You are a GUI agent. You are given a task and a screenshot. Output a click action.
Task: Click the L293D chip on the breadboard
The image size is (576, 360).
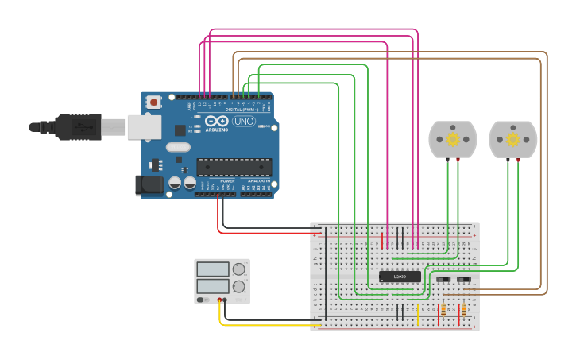(x=400, y=277)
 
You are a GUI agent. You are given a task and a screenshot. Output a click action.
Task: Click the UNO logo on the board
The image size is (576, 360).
(x=243, y=122)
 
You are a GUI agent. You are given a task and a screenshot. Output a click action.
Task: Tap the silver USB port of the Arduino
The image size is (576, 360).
(x=144, y=126)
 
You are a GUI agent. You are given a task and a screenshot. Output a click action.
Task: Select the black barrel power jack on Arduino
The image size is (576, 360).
(x=148, y=185)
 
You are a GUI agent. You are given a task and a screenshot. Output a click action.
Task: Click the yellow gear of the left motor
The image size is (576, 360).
(x=452, y=139)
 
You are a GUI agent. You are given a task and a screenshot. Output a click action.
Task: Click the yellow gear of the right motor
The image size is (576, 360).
(x=513, y=139)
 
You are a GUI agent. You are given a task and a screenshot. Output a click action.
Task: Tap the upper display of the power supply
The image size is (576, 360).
(x=213, y=269)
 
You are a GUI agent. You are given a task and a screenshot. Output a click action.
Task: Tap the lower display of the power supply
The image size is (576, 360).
(x=213, y=285)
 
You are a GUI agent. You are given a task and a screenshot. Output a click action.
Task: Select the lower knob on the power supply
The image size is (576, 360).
(x=238, y=286)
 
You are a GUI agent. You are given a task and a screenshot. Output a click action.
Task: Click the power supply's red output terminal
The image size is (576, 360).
(x=219, y=300)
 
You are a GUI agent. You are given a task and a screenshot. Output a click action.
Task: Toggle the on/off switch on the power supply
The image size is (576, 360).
(x=203, y=300)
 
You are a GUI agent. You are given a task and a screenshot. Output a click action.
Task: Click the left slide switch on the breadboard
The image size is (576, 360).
(x=443, y=280)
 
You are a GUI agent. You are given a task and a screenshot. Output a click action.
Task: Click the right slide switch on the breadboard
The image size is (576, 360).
(x=463, y=280)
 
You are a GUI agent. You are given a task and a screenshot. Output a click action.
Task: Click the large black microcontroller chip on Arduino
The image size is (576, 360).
(x=234, y=167)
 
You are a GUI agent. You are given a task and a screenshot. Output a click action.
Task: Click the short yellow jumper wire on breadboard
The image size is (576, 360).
(x=418, y=314)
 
